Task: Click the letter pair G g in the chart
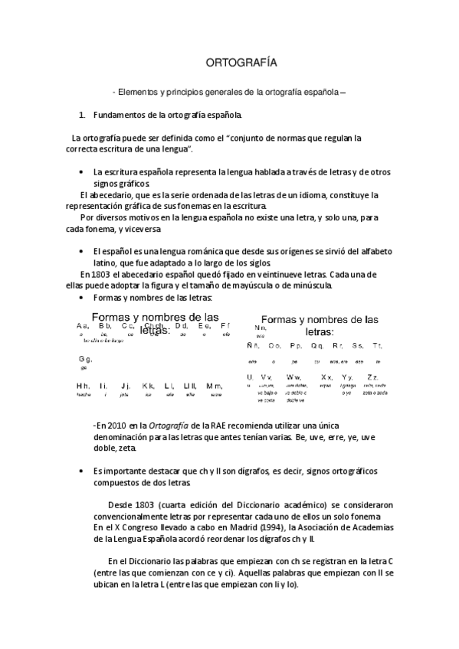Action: click(x=84, y=358)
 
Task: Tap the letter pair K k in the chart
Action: click(x=148, y=386)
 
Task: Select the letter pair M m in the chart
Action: click(x=215, y=386)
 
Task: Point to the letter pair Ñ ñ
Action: click(x=253, y=347)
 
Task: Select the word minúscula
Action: click(x=307, y=285)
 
